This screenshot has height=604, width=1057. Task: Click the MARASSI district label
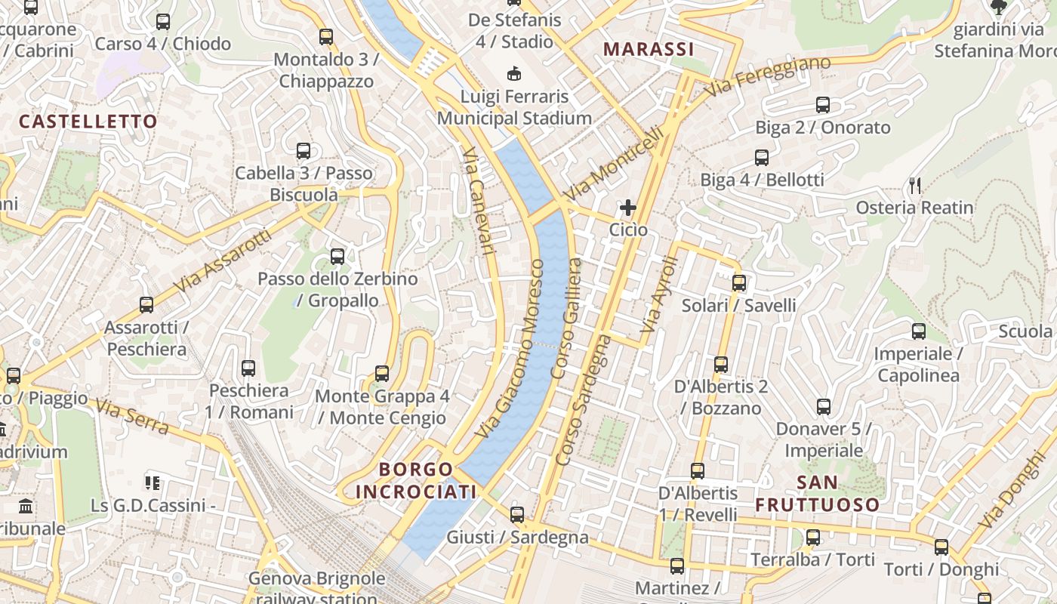tap(649, 50)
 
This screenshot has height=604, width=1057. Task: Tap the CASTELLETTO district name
tap(88, 122)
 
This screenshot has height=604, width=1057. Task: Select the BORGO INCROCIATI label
tap(416, 481)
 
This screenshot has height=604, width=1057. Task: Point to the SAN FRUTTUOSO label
tap(818, 494)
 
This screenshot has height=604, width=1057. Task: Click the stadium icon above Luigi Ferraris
tap(515, 73)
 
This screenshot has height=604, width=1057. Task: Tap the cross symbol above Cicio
tap(627, 207)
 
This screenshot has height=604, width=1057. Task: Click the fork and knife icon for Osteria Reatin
tap(915, 185)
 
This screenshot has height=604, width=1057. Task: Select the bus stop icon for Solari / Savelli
tap(739, 283)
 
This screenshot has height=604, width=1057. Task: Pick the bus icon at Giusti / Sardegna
tap(517, 515)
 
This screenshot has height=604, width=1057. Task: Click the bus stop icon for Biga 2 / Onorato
tap(823, 105)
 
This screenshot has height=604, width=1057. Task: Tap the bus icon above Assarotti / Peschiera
tap(146, 305)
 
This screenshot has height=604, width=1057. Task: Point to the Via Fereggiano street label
tap(768, 76)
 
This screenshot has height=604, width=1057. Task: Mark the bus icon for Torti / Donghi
tap(941, 547)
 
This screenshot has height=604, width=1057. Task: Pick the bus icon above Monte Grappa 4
tap(382, 373)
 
